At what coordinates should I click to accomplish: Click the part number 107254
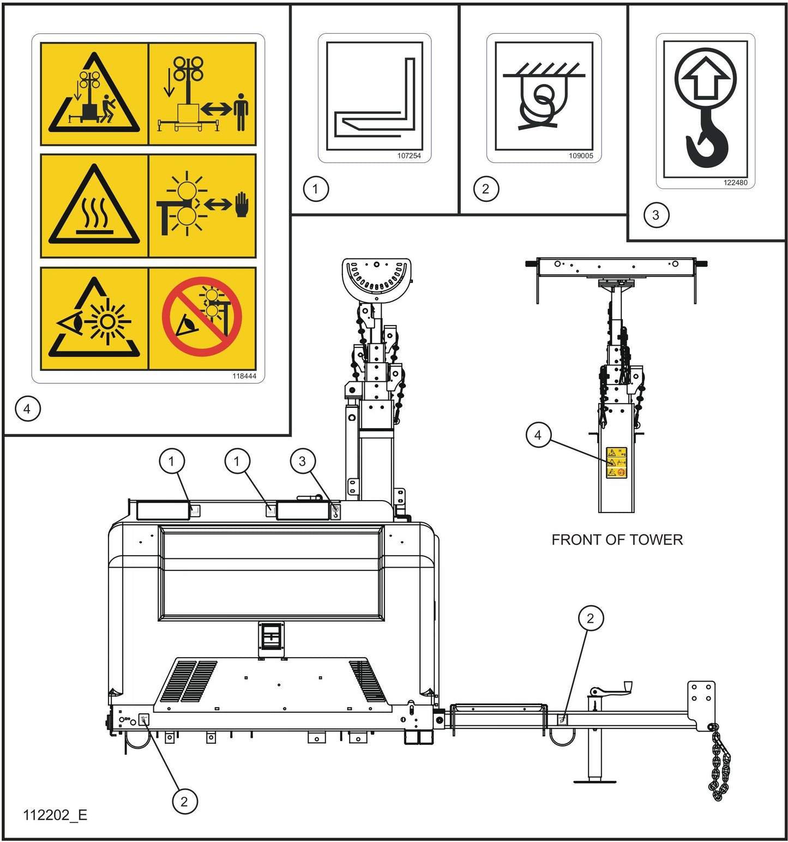click(x=408, y=156)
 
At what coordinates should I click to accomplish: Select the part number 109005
click(x=580, y=156)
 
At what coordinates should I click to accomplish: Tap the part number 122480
click(x=735, y=183)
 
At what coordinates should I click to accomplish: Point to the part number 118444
click(x=244, y=376)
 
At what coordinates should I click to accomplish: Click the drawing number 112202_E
click(x=55, y=815)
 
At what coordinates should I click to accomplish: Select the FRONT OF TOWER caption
click(x=617, y=540)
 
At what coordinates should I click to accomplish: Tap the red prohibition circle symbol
click(x=202, y=317)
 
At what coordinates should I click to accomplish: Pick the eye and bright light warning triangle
click(x=94, y=320)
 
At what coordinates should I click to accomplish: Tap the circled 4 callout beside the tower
click(x=538, y=435)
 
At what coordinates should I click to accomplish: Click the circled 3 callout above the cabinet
click(x=302, y=461)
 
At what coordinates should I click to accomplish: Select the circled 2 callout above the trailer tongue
click(x=590, y=618)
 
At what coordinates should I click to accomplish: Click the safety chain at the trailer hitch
click(x=720, y=763)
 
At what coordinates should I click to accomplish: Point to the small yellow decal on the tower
click(x=616, y=463)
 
